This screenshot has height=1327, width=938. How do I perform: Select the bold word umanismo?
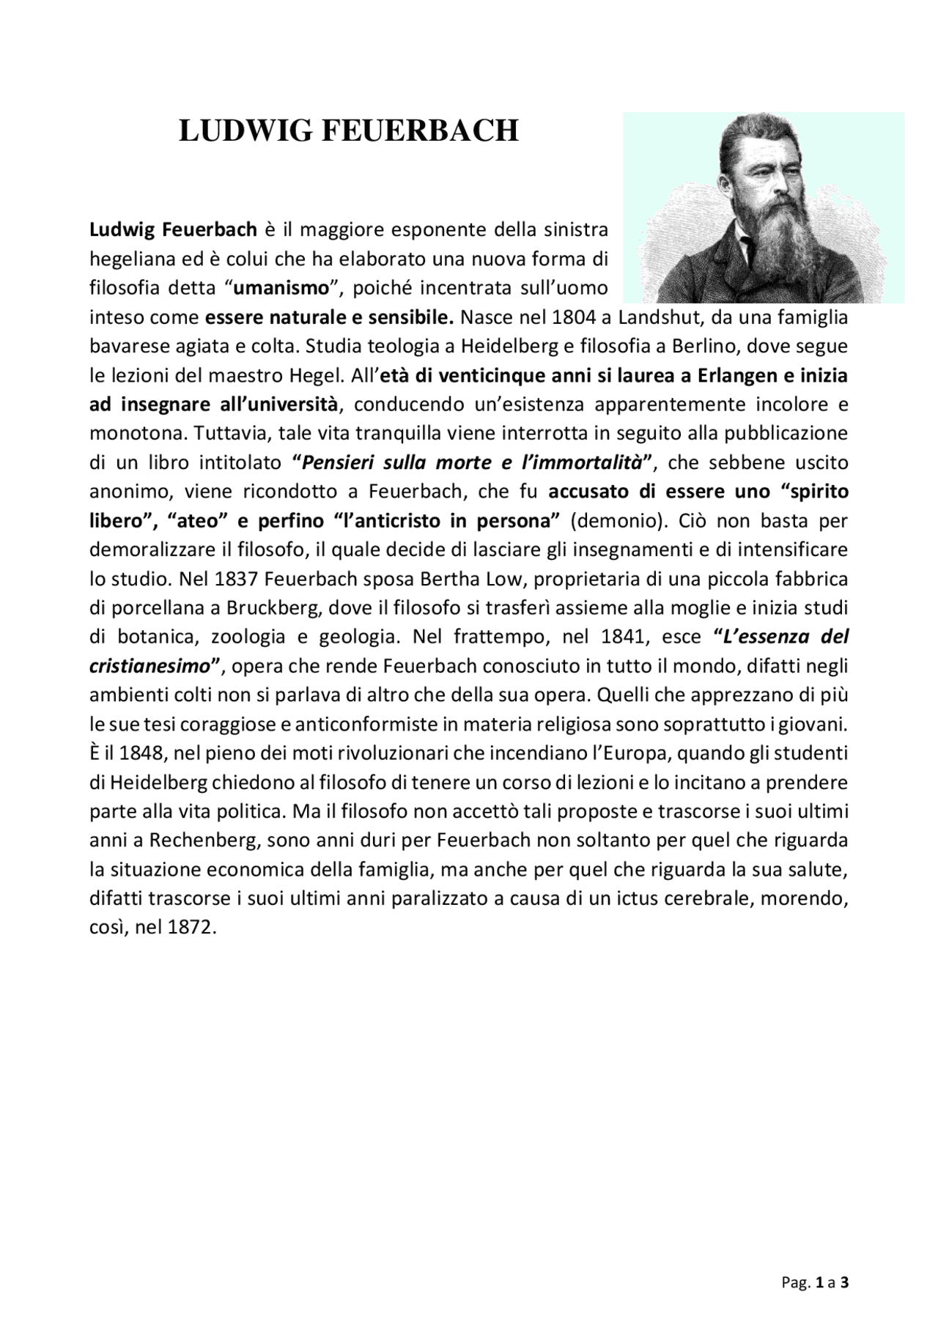pos(280,287)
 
